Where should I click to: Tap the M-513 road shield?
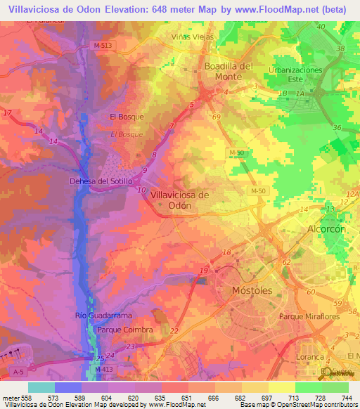click(101, 45)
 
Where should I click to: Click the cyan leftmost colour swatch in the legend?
click(41, 387)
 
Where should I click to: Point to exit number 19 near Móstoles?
click(203, 271)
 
